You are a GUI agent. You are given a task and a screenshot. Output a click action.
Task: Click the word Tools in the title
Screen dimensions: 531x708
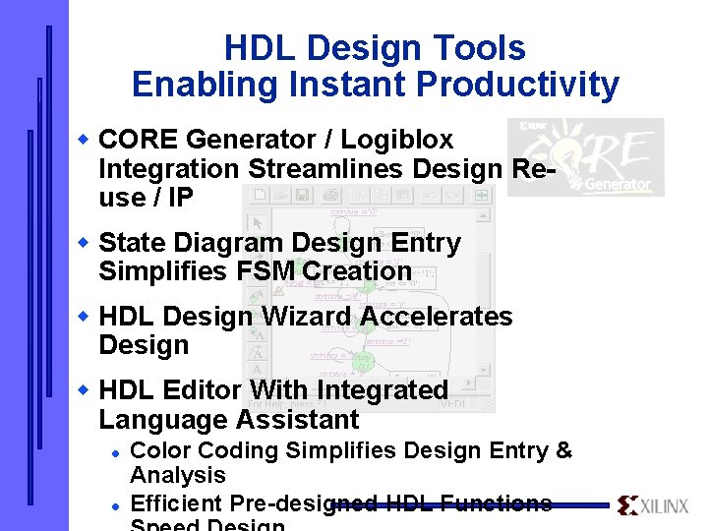pyautogui.click(x=482, y=48)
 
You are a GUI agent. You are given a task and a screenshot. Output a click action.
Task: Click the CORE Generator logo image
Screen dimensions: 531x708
pyautogui.click(x=585, y=156)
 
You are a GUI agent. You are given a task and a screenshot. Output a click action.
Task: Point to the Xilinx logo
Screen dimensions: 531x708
pyautogui.click(x=653, y=505)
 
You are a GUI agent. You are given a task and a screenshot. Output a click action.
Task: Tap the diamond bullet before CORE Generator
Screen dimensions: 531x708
pyautogui.click(x=85, y=139)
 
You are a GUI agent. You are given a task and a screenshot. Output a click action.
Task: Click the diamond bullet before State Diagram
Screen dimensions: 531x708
pyautogui.click(x=85, y=241)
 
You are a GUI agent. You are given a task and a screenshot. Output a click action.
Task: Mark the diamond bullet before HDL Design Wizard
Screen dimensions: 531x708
pyautogui.click(x=85, y=316)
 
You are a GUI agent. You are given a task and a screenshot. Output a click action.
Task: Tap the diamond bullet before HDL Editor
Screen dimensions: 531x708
pyautogui.click(x=85, y=389)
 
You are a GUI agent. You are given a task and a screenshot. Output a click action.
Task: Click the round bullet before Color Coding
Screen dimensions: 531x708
pyautogui.click(x=115, y=451)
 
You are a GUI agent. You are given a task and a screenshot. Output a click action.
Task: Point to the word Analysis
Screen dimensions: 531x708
pyautogui.click(x=178, y=476)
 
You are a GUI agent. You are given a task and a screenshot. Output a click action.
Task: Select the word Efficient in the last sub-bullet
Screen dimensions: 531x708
pyautogui.click(x=175, y=504)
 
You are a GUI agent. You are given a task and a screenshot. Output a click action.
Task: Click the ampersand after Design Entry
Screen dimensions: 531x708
pyautogui.click(x=563, y=451)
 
